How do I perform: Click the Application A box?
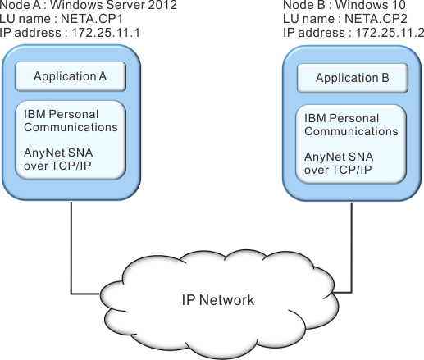[x=71, y=76]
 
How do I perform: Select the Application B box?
[x=353, y=78]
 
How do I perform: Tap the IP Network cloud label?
[x=218, y=300]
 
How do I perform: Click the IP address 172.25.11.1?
[x=106, y=33]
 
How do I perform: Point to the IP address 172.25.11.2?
[x=390, y=33]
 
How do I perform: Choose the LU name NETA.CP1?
[x=92, y=19]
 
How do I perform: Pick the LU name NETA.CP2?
[x=376, y=19]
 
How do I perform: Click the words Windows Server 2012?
[x=113, y=5]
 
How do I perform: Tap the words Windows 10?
[x=371, y=5]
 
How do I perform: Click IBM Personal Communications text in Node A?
[x=71, y=121]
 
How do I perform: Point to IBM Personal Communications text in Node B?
[x=351, y=125]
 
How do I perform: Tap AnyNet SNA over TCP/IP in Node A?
[x=58, y=159]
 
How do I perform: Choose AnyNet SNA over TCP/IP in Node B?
[x=339, y=163]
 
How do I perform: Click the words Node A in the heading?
[x=21, y=5]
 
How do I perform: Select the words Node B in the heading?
[x=304, y=5]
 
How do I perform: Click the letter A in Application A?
[x=103, y=76]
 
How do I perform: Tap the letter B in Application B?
[x=385, y=78]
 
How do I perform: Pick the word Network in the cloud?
[x=226, y=300]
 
